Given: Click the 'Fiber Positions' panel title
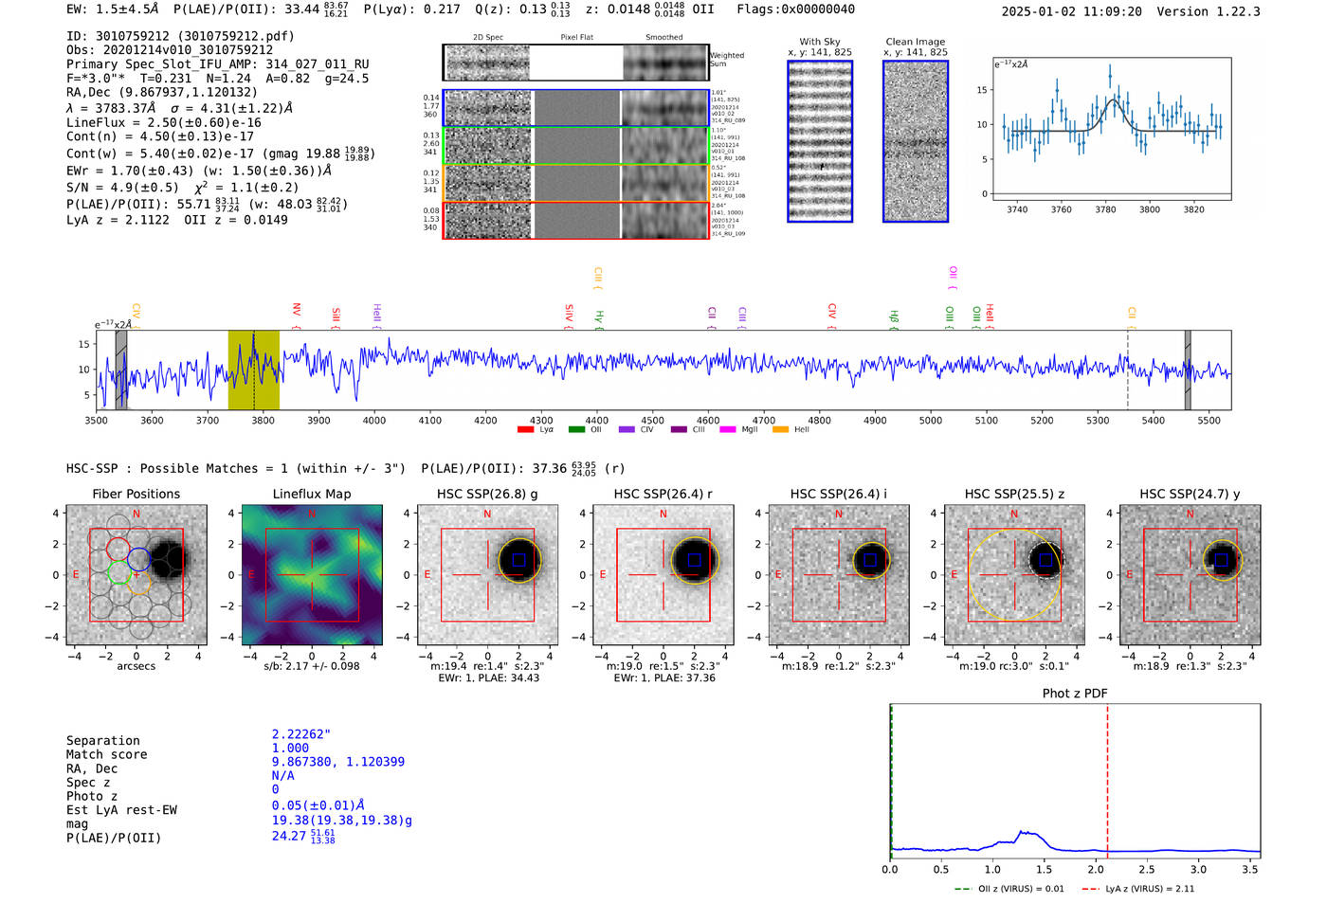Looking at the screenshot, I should click(136, 494).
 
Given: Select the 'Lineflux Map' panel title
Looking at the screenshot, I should click(312, 494).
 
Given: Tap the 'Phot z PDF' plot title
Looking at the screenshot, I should click(1075, 693).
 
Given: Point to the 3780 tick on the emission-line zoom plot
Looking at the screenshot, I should click(1105, 209).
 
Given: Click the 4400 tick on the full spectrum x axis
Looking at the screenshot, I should click(597, 420).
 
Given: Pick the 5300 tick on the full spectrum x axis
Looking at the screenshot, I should click(1098, 420).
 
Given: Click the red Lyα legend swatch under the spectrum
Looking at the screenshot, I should click(525, 430).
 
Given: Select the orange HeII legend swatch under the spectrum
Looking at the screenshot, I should click(780, 430).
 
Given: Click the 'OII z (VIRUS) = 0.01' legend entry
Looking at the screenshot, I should click(1009, 889).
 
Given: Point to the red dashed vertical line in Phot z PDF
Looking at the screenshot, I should click(1107, 777).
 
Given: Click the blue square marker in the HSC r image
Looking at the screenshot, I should click(694, 560).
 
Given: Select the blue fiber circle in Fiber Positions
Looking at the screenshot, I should click(138, 559).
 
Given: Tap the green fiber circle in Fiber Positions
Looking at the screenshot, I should click(119, 572).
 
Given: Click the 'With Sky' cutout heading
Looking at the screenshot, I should click(820, 42).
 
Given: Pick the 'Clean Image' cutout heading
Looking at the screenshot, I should click(916, 42).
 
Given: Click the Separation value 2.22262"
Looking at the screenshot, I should click(301, 734).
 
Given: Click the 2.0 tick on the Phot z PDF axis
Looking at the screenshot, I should click(1096, 869).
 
